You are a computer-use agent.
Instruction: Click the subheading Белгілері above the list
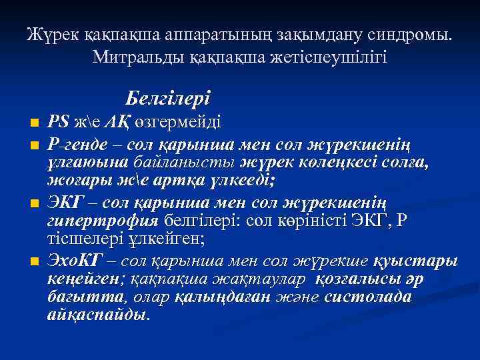pos(168,99)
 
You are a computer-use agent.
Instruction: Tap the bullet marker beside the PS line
pos(35,124)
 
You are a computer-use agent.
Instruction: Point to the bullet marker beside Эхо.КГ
pos(35,261)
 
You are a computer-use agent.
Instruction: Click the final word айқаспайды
pos(99,315)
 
